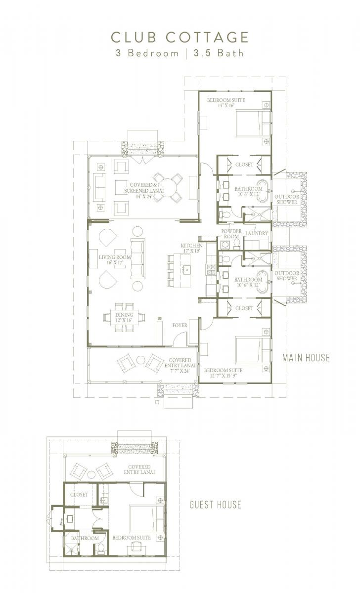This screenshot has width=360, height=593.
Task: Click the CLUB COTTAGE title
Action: tap(180, 37)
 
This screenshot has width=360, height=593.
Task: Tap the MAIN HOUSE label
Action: tap(306, 357)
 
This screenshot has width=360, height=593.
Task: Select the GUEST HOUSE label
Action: tap(216, 505)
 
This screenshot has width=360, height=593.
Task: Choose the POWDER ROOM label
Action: tap(231, 234)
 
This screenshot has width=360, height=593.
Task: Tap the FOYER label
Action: tap(180, 326)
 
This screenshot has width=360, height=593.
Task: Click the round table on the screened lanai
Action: tap(167, 188)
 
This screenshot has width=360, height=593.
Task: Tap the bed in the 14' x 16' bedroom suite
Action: tap(253, 123)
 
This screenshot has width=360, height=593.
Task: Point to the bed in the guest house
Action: tap(146, 518)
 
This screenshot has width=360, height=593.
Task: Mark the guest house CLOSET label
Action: tap(79, 494)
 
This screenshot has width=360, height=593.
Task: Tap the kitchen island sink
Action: tap(187, 269)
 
